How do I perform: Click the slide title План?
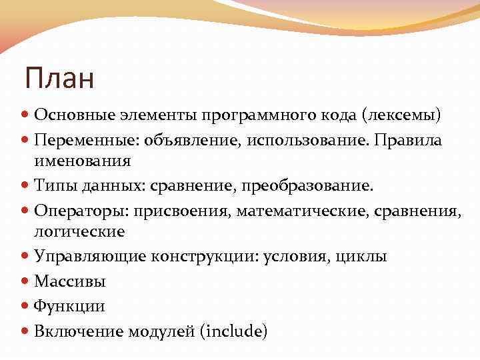click(60, 79)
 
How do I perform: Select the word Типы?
click(53, 185)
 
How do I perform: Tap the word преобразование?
click(318, 185)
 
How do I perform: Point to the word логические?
click(79, 231)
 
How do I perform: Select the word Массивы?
click(70, 281)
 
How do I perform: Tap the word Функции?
click(69, 306)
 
